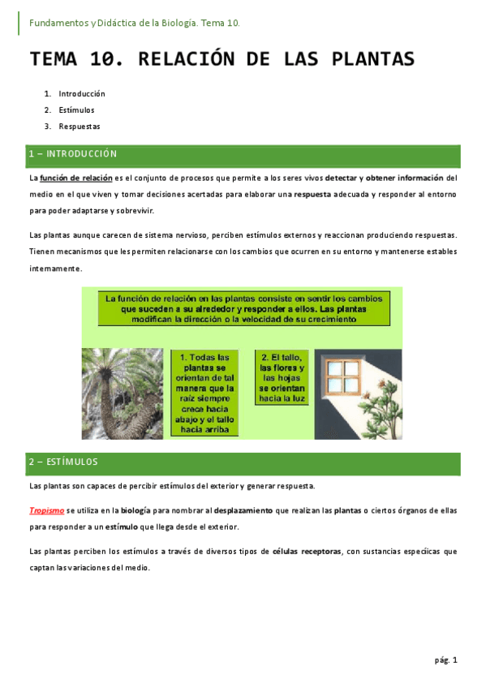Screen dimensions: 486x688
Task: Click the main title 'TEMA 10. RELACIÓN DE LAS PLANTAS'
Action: [x=222, y=59]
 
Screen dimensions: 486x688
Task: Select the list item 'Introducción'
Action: [x=82, y=94]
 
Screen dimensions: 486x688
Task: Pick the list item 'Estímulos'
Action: [x=77, y=110]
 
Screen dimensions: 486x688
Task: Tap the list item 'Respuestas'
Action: [x=80, y=126]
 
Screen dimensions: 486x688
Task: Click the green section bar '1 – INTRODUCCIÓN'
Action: [x=243, y=153]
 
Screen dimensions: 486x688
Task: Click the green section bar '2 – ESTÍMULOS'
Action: [x=243, y=462]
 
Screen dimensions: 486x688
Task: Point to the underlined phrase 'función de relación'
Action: [x=75, y=178]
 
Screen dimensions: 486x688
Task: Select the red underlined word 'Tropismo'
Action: [x=46, y=511]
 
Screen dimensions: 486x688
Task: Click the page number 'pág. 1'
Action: [x=445, y=660]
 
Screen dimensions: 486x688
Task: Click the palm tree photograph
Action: [x=123, y=393]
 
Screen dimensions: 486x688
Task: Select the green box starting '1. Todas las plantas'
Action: [x=204, y=393]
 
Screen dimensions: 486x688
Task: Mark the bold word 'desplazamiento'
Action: [x=243, y=511]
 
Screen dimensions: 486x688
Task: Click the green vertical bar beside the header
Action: [x=19, y=23]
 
